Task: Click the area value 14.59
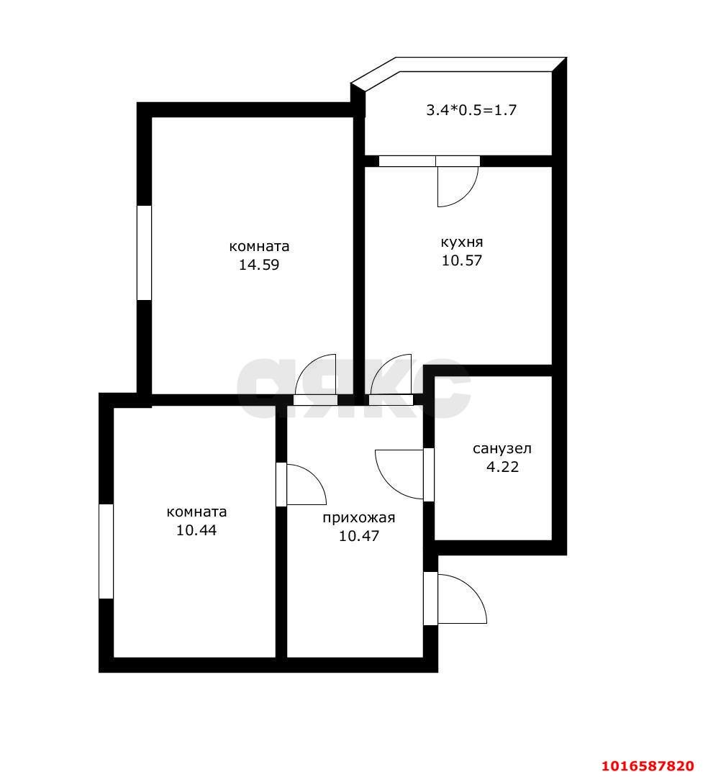[x=259, y=265]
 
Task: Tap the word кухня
[x=461, y=242]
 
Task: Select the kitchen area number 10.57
[x=461, y=260]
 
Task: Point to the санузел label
[x=501, y=449]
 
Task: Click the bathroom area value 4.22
[x=502, y=467]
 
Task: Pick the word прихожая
[x=359, y=517]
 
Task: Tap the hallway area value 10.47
[x=359, y=536]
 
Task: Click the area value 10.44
[x=196, y=530]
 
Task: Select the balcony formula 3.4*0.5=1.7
[x=472, y=111]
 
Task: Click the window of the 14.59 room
[x=145, y=253]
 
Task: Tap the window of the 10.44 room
[x=106, y=551]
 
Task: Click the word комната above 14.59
[x=259, y=246]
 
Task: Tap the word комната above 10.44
[x=196, y=512]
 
